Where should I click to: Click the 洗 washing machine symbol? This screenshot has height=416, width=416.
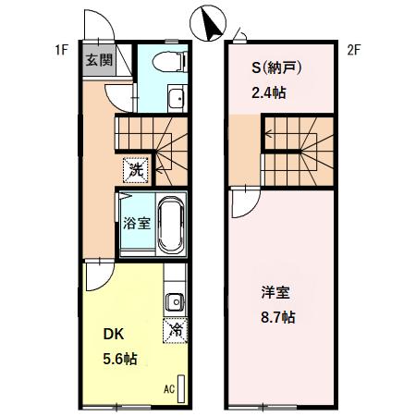(x=135, y=170)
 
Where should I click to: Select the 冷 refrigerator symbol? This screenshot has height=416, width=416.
(x=175, y=329)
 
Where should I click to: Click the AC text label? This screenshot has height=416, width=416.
(x=169, y=388)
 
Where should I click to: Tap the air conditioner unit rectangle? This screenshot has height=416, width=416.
(x=182, y=387)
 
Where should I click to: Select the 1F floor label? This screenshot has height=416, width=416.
(x=61, y=50)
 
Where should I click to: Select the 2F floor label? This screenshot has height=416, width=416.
(x=352, y=50)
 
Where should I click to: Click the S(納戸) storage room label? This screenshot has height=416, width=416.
(x=277, y=68)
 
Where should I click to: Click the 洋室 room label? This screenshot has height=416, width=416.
(x=275, y=294)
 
